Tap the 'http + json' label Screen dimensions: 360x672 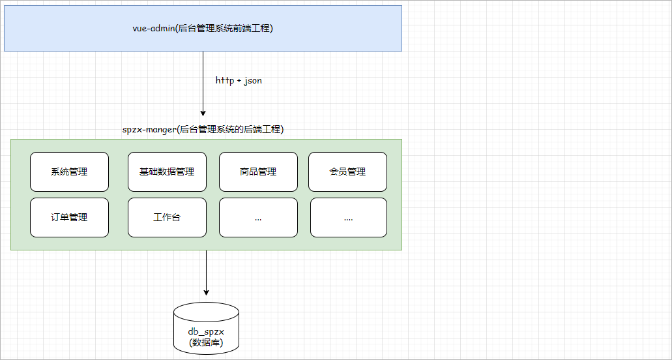239,81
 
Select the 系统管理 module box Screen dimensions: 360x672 69,172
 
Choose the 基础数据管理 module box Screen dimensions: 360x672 167,172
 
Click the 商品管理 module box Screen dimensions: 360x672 258,172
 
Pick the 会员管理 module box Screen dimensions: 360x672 347,172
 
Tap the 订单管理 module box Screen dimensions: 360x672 69,218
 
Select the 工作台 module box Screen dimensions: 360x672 167,218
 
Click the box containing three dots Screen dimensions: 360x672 258,218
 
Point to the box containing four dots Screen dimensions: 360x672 348,218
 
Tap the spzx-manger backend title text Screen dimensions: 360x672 203,130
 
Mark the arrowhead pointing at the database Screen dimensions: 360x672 206,292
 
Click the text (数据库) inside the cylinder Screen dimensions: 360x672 206,342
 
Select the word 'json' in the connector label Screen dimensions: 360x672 253,81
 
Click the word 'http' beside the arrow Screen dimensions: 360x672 225,81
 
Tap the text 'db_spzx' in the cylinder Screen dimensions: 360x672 206,332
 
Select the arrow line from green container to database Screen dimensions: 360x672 206,271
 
